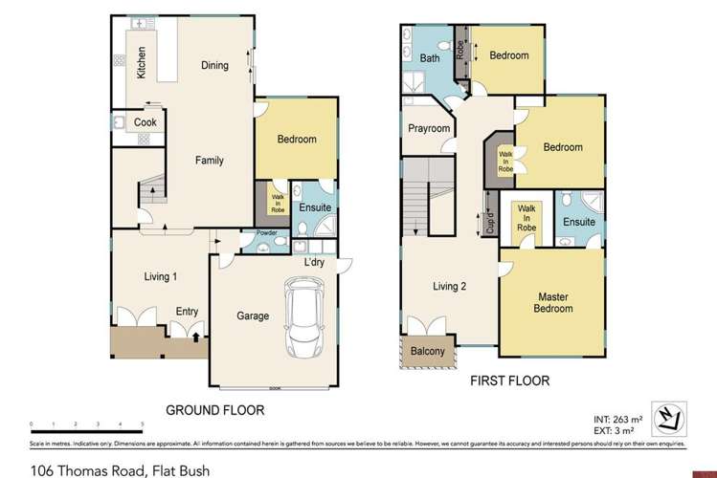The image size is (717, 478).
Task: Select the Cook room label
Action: coord(145,122)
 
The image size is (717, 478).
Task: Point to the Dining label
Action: coord(214,65)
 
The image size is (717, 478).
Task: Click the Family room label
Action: coord(210,161)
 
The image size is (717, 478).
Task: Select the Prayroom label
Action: coord(429,128)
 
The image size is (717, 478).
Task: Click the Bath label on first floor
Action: coord(431,59)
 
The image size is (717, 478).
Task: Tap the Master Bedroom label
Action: coord(552,302)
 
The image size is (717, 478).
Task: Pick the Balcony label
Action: coord(427,352)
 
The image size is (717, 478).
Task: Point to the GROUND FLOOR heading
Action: coord(216,409)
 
